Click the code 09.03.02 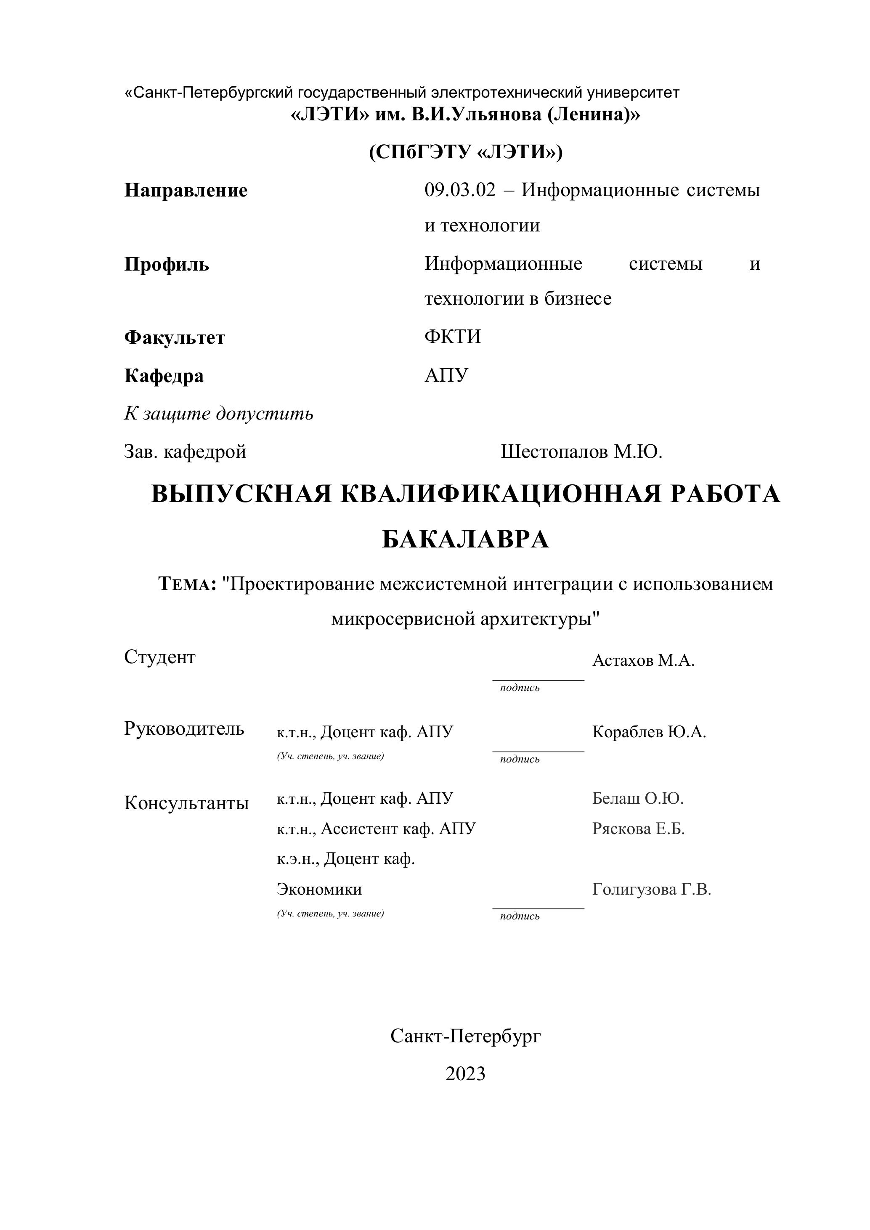460,190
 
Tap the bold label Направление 186,191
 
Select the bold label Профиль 167,264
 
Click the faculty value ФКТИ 453,337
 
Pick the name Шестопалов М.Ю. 581,452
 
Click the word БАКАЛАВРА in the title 466,539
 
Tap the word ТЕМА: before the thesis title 188,584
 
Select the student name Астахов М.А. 643,661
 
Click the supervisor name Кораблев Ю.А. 649,732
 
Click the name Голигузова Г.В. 651,889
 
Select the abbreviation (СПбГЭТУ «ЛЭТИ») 466,153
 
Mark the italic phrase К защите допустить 219,414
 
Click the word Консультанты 186,803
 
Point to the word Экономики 319,889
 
